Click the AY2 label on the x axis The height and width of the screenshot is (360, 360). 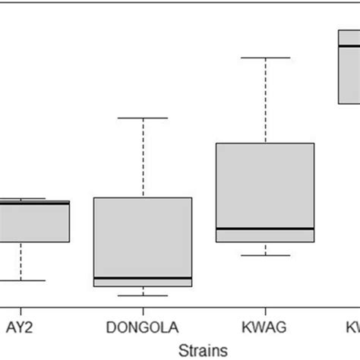click(x=21, y=327)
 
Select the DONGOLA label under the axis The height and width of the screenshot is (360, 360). click(x=142, y=327)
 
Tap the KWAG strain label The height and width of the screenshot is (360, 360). click(x=265, y=327)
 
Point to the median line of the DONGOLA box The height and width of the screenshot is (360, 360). click(x=143, y=278)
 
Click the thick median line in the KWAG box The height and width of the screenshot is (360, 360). click(x=265, y=228)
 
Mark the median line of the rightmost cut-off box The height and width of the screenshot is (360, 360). click(x=349, y=46)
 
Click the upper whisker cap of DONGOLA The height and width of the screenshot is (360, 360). click(x=143, y=118)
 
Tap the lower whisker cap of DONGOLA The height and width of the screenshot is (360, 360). click(x=143, y=295)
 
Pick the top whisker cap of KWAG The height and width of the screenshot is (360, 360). click(x=265, y=58)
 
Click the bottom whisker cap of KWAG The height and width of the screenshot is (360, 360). click(x=265, y=255)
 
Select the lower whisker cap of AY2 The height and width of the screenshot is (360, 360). click(x=21, y=280)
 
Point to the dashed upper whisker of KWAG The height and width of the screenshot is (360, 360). click(x=265, y=99)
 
